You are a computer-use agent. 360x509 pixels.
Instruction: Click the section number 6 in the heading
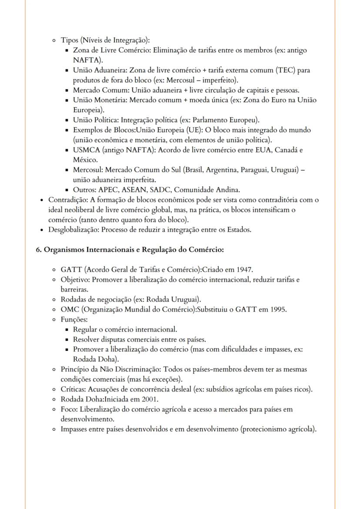point(38,250)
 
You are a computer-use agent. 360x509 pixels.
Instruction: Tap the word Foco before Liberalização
point(69,409)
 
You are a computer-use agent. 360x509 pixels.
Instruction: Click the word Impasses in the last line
point(76,429)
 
